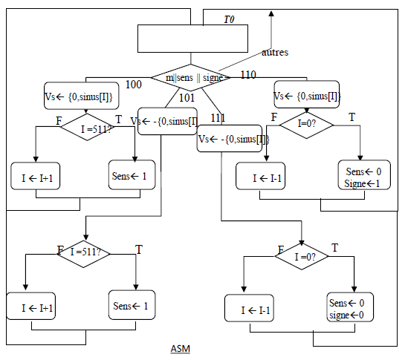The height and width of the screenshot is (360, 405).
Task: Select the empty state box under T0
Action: click(x=190, y=37)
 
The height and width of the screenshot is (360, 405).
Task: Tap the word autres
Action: click(x=275, y=53)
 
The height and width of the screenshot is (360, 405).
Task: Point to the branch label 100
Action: click(x=133, y=85)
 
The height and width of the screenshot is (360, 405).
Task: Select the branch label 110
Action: click(x=248, y=74)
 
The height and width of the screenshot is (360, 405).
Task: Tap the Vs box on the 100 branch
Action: click(x=77, y=95)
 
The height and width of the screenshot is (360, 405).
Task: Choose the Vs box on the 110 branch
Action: click(x=306, y=95)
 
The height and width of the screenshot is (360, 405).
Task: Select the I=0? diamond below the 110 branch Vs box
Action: click(x=306, y=125)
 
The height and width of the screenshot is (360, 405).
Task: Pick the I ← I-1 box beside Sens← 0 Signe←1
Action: click(x=265, y=178)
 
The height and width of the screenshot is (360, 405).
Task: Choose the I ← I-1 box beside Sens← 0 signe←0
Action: click(x=256, y=309)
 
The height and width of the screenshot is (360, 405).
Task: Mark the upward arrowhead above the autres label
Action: click(x=271, y=13)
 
